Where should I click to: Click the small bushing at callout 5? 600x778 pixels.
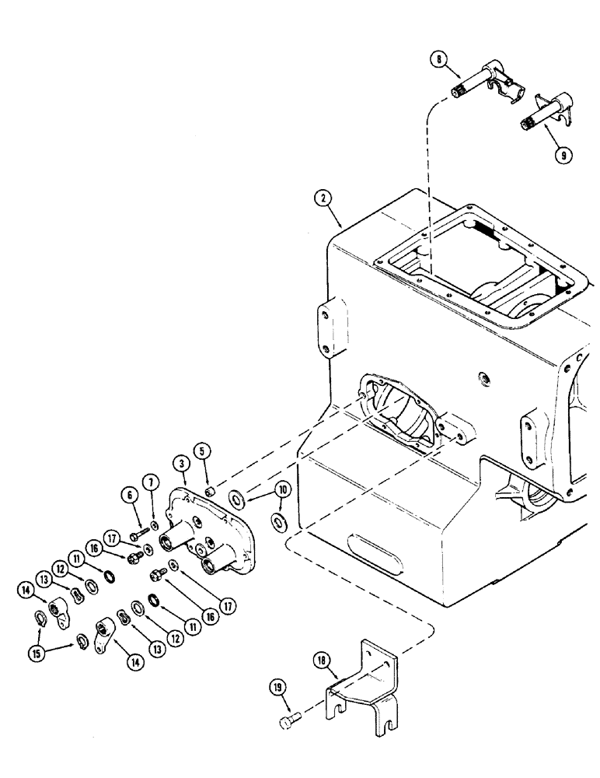coord(210,490)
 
